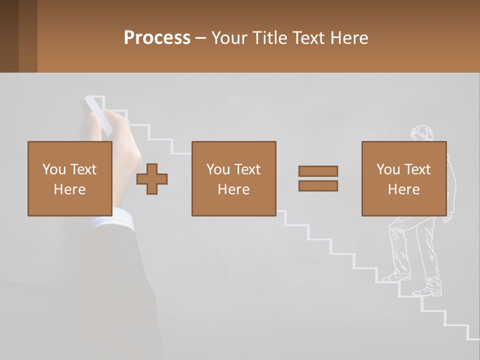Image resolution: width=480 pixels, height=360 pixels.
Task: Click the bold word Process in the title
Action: (x=157, y=37)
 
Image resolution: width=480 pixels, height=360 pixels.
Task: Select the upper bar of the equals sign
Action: (x=318, y=171)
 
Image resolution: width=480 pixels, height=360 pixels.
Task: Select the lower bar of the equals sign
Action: (x=318, y=185)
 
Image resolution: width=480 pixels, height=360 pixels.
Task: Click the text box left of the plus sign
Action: (x=69, y=178)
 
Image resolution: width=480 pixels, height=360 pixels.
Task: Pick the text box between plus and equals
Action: (x=233, y=178)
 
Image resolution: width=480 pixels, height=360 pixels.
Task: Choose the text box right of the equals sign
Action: (x=403, y=178)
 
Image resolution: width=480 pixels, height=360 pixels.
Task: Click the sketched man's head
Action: (x=421, y=133)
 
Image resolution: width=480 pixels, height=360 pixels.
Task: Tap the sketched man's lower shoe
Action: (x=427, y=291)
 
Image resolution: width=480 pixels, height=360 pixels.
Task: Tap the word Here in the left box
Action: (x=69, y=189)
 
